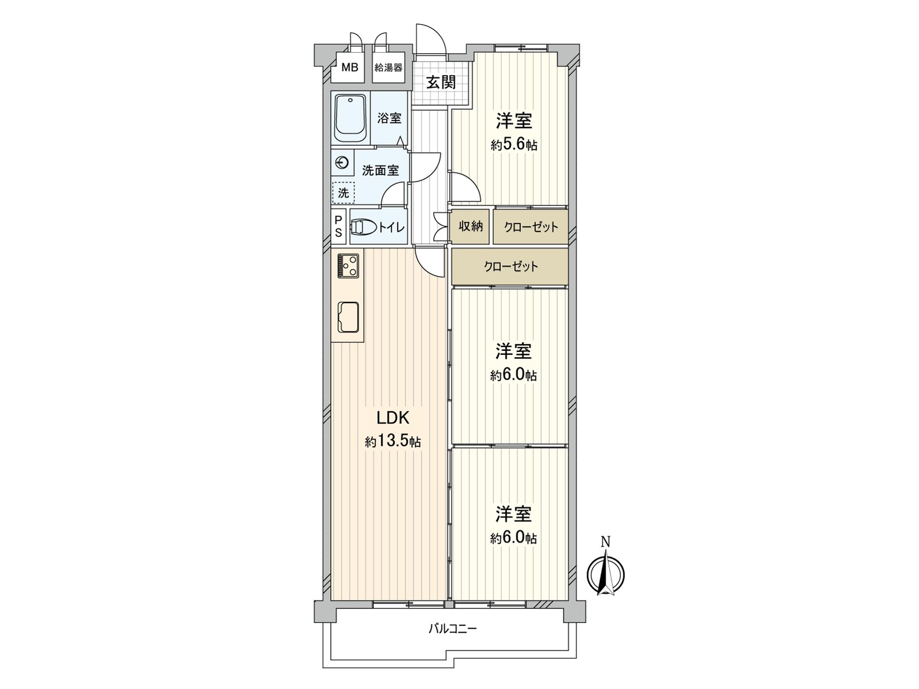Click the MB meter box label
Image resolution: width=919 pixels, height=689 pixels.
(x=350, y=68)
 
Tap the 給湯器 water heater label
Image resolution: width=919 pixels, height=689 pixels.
(x=388, y=68)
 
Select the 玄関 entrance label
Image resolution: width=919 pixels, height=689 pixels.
(x=441, y=82)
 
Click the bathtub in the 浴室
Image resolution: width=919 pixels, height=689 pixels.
(x=350, y=118)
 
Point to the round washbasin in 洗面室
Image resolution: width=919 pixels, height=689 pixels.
(x=342, y=164)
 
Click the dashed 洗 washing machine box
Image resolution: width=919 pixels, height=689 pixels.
(x=343, y=193)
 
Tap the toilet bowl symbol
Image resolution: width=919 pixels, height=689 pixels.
(x=362, y=228)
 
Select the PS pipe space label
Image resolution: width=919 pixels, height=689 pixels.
(x=338, y=226)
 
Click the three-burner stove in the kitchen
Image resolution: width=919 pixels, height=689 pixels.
(x=348, y=266)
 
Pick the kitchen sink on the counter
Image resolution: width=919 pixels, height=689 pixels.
(x=348, y=317)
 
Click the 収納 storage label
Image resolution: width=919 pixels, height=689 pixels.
(x=470, y=226)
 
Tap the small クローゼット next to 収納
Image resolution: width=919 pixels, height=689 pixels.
(x=531, y=227)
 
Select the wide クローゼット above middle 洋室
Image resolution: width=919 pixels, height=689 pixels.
(x=510, y=266)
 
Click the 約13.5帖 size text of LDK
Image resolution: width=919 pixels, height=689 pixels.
(x=393, y=442)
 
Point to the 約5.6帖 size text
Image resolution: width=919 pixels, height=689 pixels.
(x=513, y=145)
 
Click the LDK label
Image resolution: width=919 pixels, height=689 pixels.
(x=392, y=417)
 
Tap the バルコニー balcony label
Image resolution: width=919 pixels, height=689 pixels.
(x=452, y=628)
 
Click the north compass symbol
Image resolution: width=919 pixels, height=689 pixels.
(x=605, y=572)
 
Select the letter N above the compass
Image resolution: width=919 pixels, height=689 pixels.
(x=605, y=541)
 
